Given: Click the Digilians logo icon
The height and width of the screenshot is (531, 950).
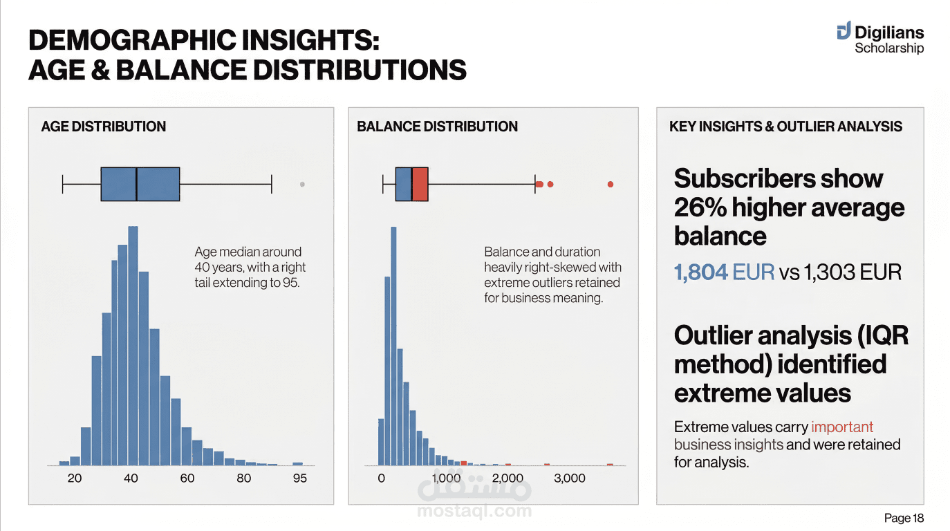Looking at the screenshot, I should click(x=843, y=31).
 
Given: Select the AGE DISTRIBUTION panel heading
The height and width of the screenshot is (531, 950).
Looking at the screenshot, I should click(x=104, y=127).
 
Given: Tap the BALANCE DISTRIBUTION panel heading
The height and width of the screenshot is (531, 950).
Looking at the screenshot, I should click(x=437, y=127).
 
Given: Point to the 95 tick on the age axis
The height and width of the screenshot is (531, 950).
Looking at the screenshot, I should click(x=299, y=478).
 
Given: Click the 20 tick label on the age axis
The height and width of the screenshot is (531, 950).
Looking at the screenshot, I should click(x=75, y=478).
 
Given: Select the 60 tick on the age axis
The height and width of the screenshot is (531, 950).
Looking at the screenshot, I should click(x=187, y=478).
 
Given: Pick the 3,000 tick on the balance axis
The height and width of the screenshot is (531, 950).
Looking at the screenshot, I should click(x=570, y=478).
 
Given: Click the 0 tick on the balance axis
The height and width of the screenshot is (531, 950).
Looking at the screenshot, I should click(x=381, y=478).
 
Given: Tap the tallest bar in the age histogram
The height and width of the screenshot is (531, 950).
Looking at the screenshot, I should click(x=133, y=346).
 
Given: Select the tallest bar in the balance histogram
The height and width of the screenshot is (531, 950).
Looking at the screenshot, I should click(x=394, y=346).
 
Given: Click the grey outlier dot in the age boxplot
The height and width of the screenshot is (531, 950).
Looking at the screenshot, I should click(x=302, y=184).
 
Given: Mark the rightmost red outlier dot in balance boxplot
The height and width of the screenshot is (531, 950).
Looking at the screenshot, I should click(x=611, y=184).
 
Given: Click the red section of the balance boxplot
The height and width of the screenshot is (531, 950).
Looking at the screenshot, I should click(x=420, y=184).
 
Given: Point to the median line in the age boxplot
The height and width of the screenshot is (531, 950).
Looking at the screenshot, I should click(x=136, y=184).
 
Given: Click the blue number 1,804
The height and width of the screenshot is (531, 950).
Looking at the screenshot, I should click(x=700, y=272).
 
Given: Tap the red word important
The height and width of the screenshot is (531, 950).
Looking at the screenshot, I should click(x=842, y=427).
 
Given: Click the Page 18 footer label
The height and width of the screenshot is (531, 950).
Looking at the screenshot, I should click(x=904, y=518).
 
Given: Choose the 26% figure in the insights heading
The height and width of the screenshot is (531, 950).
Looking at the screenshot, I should click(x=699, y=207).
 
